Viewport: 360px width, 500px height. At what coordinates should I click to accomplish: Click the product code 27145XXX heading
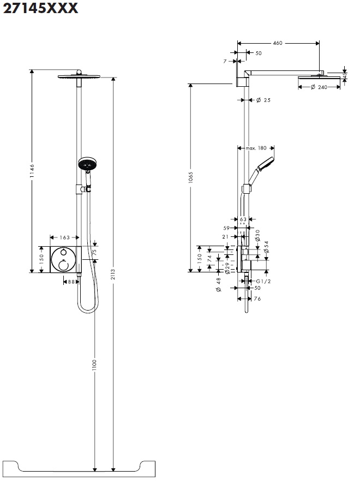(40, 8)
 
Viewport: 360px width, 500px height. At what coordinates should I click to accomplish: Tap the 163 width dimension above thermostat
(64, 237)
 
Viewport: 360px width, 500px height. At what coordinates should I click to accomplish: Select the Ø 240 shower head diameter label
(319, 87)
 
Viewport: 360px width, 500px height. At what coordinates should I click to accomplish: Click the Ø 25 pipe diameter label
(263, 100)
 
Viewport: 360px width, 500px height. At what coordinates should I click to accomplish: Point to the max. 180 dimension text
(256, 148)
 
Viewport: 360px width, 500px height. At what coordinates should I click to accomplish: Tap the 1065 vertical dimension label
(190, 178)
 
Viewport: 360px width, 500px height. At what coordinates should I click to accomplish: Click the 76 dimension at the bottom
(257, 299)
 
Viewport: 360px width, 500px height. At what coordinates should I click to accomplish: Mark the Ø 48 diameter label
(218, 285)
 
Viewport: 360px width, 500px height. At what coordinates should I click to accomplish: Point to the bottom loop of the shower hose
(87, 309)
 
